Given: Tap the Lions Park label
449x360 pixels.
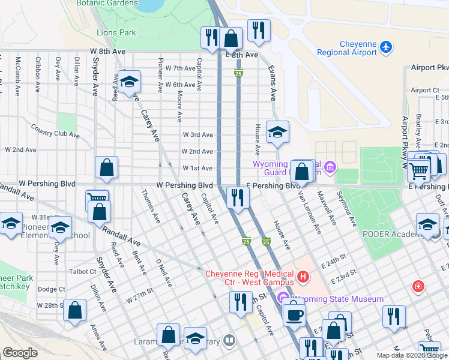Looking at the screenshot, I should pos(116,32).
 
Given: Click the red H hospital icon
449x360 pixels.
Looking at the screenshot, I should pos(304,277).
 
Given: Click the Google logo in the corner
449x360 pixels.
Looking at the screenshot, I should pos(20,353).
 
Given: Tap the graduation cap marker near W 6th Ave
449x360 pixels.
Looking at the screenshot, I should pos(128,83).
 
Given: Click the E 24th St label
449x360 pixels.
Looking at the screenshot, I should pos(336,262).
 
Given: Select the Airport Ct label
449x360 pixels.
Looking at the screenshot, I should pos(424,90).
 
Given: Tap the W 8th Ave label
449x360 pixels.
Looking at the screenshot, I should pos(108,52).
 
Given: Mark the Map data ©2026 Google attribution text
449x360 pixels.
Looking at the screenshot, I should pos(412,355).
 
